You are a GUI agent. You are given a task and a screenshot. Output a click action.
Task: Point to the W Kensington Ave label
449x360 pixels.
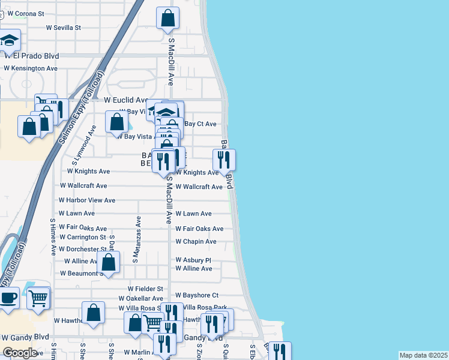(31, 68)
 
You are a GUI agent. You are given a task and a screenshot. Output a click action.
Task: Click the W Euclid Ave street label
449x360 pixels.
(125, 100)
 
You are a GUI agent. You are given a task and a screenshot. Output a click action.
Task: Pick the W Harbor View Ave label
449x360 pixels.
(87, 200)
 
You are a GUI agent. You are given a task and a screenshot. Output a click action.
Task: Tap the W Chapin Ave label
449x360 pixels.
(196, 242)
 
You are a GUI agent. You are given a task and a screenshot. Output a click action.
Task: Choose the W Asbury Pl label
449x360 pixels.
(193, 260)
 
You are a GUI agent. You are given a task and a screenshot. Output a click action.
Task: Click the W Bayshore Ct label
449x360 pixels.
(197, 296)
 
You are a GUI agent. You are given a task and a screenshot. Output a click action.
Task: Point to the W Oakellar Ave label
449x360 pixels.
(140, 298)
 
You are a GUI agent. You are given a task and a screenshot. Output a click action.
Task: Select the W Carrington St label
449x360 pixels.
(82, 238)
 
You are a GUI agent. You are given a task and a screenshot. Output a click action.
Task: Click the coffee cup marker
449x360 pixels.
(8, 298)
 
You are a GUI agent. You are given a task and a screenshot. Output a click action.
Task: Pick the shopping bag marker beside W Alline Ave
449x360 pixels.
(109, 262)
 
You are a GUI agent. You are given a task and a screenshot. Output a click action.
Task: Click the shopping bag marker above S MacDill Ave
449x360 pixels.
(167, 18)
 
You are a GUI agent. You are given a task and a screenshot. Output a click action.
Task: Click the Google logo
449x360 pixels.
(20, 353)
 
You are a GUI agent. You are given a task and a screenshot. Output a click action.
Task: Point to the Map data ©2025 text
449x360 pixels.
(423, 355)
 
